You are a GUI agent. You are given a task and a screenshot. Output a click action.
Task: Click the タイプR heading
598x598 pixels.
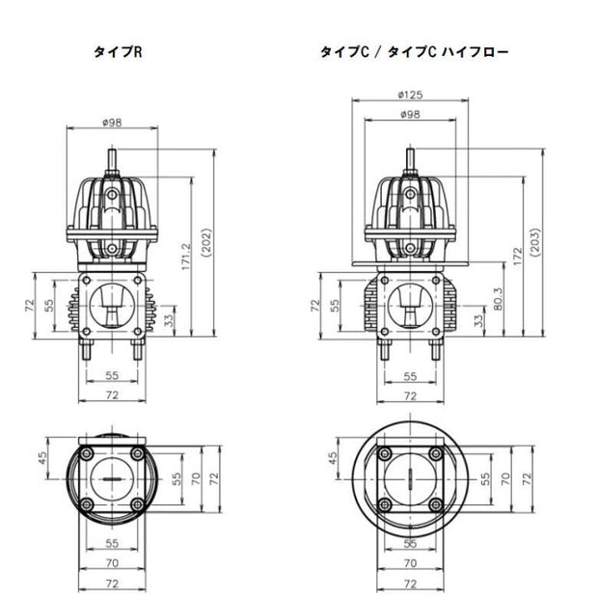coord(118,52)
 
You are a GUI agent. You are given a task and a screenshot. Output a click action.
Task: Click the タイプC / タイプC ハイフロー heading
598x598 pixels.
coord(414,52)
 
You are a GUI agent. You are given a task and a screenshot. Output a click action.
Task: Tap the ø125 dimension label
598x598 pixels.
coord(410,95)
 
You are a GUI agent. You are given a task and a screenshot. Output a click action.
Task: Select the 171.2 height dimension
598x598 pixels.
coord(186,257)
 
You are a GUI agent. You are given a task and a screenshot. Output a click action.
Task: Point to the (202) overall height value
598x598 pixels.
coord(206,243)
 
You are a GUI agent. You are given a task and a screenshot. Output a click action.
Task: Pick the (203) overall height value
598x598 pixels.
coord(535,242)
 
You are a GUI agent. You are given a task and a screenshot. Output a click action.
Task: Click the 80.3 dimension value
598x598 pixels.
coord(498,299)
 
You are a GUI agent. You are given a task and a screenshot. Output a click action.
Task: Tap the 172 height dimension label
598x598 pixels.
coord(517,257)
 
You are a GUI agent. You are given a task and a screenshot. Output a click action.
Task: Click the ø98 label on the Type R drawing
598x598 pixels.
coord(112,122)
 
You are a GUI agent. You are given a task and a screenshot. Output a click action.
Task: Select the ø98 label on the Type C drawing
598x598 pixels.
coord(410,114)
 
